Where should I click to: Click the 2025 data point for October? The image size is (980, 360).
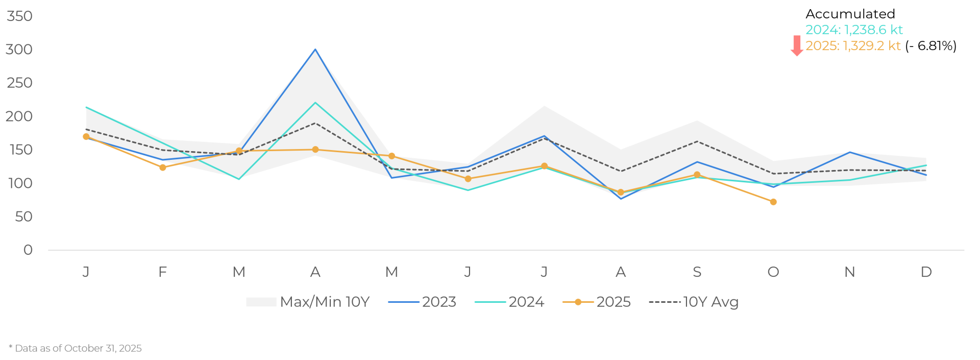pyautogui.click(x=773, y=202)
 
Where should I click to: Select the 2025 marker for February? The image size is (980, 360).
pyautogui.click(x=163, y=167)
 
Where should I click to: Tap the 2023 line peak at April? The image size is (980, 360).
pyautogui.click(x=315, y=49)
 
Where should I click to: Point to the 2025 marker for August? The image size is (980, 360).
pyautogui.click(x=621, y=193)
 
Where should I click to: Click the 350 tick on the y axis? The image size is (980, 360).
pyautogui.click(x=19, y=16)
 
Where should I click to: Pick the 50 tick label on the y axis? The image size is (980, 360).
pyautogui.click(x=23, y=217)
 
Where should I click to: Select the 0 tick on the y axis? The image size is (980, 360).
pyautogui.click(x=28, y=250)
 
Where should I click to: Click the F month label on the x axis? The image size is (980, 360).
pyautogui.click(x=163, y=272)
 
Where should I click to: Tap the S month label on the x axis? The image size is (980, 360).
pyautogui.click(x=697, y=272)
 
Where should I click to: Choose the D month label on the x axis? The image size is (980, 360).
pyautogui.click(x=926, y=272)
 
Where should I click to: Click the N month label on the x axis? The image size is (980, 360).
pyautogui.click(x=849, y=272)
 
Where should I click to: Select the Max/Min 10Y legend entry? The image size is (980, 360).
pyautogui.click(x=308, y=302)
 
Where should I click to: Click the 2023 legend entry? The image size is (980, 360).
pyautogui.click(x=423, y=302)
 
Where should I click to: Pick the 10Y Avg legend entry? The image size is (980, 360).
pyautogui.click(x=694, y=302)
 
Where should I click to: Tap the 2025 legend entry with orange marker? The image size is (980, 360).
pyautogui.click(x=597, y=302)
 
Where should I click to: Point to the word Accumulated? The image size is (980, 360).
pyautogui.click(x=850, y=14)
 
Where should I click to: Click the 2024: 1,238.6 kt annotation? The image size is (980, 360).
pyautogui.click(x=854, y=30)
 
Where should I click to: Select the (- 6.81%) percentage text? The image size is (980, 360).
pyautogui.click(x=930, y=46)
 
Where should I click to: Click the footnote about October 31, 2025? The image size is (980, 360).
pyautogui.click(x=76, y=348)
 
